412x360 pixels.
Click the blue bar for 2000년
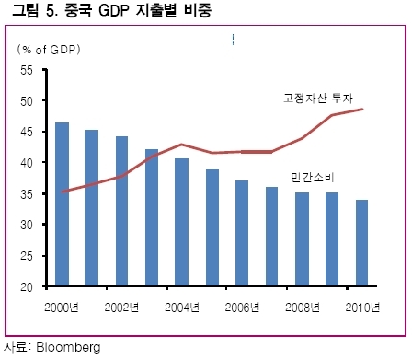tap(62, 204)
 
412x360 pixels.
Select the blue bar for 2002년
tap(121, 211)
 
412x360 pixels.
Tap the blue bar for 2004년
tap(181, 222)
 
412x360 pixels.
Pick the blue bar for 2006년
tap(242, 233)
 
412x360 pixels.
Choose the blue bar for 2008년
tap(302, 239)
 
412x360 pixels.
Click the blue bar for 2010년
tap(361, 243)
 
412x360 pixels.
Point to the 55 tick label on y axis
tap(27, 70)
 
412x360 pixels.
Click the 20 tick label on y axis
tap(27, 287)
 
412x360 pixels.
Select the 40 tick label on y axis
tap(27, 163)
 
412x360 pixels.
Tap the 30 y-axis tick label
tap(27, 225)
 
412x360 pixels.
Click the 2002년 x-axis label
tap(121, 308)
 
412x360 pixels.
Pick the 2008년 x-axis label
tap(303, 308)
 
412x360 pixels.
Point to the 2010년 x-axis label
tap(362, 308)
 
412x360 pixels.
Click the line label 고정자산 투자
tap(318, 98)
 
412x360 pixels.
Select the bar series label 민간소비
tap(312, 178)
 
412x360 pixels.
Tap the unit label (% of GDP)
tap(49, 50)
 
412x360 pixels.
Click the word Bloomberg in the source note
tap(68, 347)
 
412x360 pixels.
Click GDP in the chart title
tap(114, 10)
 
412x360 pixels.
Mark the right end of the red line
tap(362, 109)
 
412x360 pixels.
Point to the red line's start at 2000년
tap(63, 192)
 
